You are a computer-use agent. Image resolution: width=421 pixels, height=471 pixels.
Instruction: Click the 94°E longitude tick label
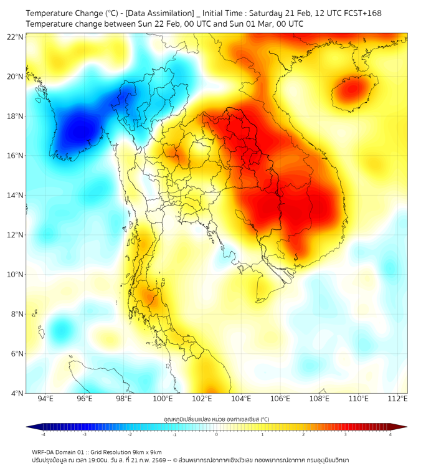tap(45, 399)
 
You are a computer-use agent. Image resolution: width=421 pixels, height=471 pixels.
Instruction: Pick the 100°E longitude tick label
tap(163, 399)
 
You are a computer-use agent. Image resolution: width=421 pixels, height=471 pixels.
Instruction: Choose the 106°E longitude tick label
tap(281, 399)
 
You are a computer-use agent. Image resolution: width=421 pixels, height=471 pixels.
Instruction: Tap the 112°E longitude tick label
tap(399, 399)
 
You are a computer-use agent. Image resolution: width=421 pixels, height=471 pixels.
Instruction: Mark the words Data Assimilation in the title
tap(163, 13)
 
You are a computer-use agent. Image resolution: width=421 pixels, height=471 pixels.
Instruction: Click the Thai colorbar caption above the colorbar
tap(216, 419)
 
